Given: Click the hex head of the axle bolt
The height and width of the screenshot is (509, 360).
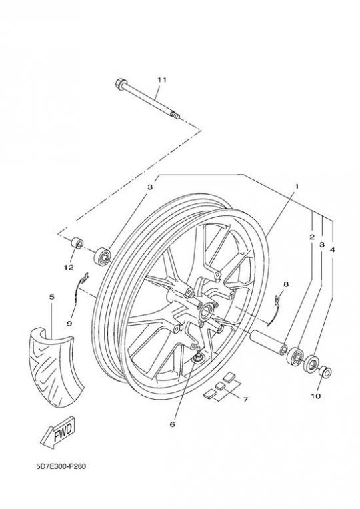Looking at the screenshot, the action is [121, 85].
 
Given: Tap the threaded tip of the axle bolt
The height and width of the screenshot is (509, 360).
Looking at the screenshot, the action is [175, 115].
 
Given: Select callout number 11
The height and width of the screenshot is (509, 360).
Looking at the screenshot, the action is [161, 80].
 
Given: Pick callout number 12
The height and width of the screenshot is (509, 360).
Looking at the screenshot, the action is [69, 268].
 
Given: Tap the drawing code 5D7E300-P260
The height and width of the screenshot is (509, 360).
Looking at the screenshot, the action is [61, 467].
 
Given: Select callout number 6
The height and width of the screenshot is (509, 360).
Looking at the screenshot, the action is [172, 424].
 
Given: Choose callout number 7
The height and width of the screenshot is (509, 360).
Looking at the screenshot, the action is [245, 400].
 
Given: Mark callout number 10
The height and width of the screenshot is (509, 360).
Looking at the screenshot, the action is [315, 396].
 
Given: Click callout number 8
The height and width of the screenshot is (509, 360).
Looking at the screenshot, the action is [286, 284].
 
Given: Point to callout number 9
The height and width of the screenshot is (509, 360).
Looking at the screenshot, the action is [69, 323].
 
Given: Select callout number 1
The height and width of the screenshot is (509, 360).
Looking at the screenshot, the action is [296, 186].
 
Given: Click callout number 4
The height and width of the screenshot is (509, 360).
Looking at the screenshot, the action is [332, 250].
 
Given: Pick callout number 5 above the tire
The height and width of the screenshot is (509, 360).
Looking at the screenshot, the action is [51, 297].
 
